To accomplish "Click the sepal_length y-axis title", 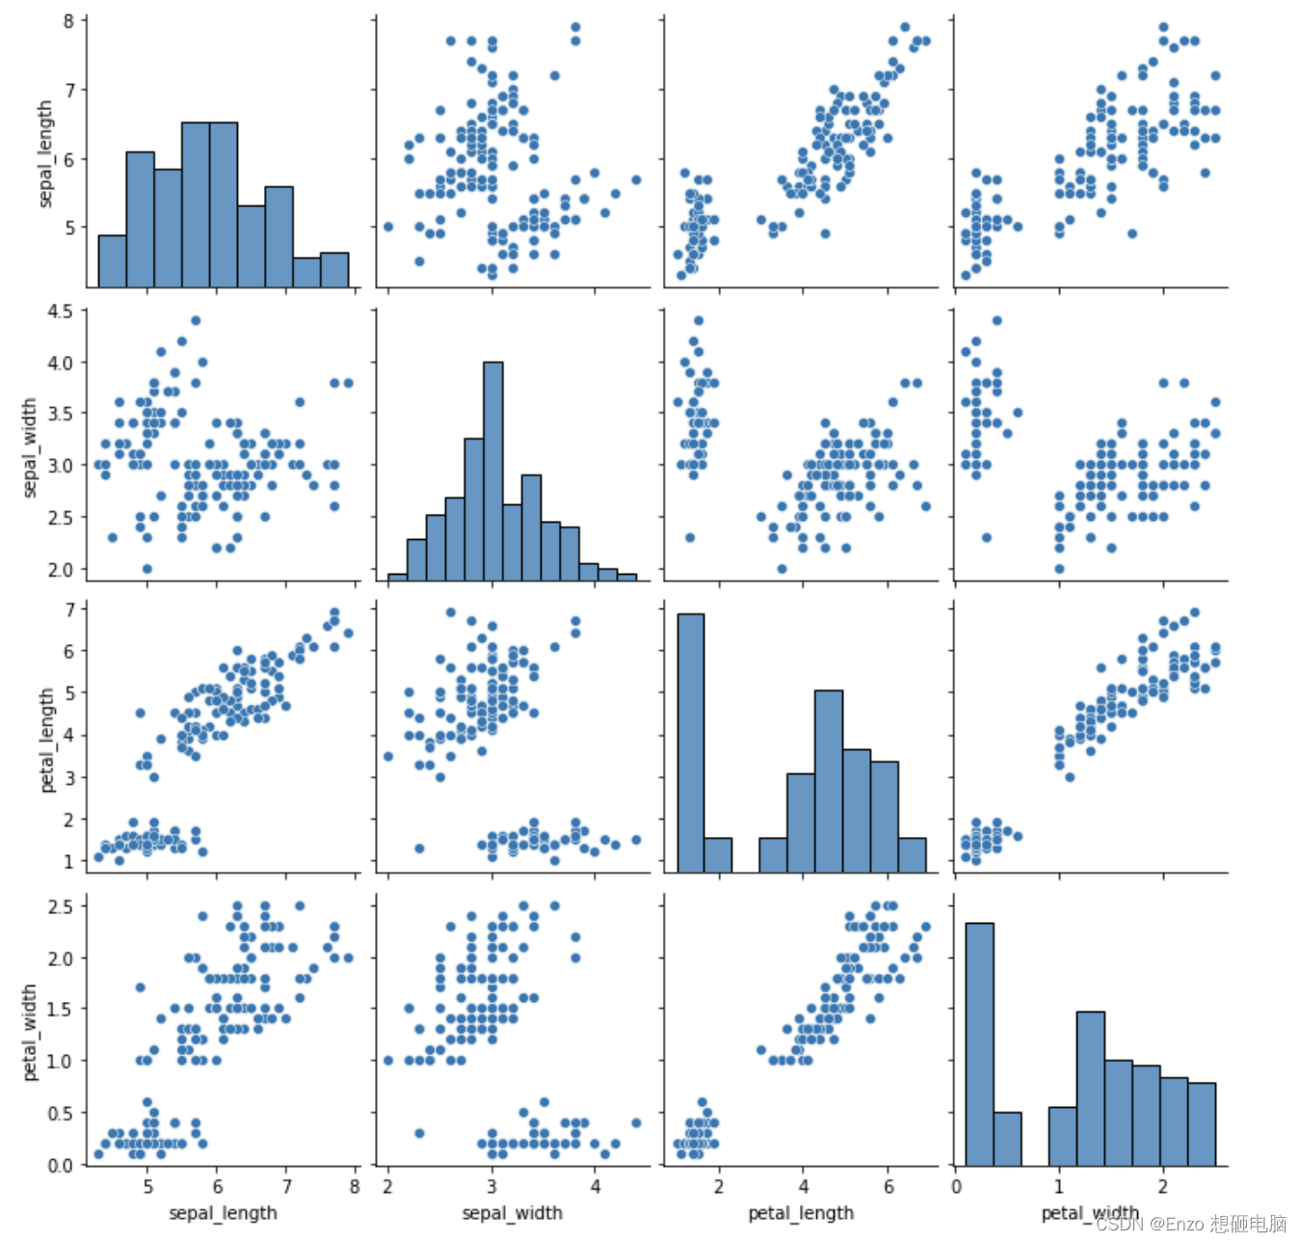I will (45, 154).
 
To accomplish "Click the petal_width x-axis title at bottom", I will (1090, 1212).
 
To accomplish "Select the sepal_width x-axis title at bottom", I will (512, 1212).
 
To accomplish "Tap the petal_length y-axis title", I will (46, 741).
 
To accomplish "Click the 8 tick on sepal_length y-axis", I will (69, 21).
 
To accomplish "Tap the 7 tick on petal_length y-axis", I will (69, 609).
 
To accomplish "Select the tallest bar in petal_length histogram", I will (690, 742).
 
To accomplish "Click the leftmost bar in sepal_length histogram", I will (112, 261).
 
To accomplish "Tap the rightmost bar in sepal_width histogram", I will (626, 577).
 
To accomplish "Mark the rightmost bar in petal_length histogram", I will (912, 855).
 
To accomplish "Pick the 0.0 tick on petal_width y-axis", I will (62, 1165).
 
